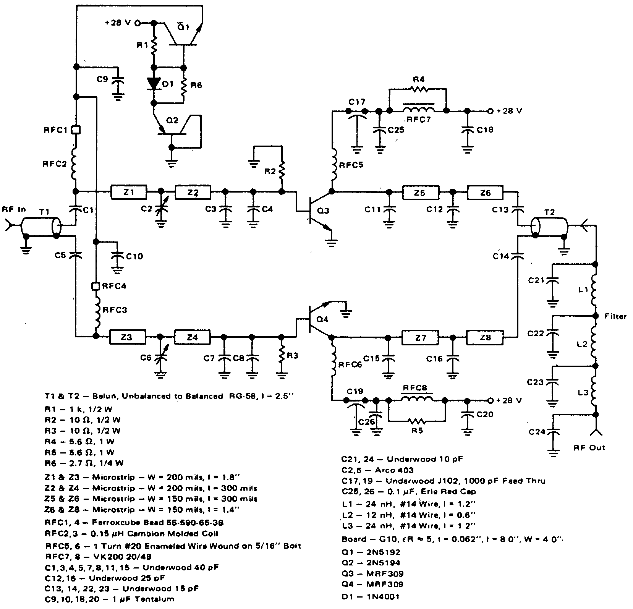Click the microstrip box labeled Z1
tap(129, 192)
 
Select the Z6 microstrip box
tap(485, 193)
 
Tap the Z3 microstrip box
tap(127, 337)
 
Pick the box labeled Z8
tap(484, 337)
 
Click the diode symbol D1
tap(154, 84)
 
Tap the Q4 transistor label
tap(322, 319)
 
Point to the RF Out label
tap(589, 447)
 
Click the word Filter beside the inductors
tap(615, 316)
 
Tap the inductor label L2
tap(582, 344)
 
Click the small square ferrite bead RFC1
tap(76, 130)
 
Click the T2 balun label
tap(550, 212)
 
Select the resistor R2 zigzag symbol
tap(282, 172)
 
